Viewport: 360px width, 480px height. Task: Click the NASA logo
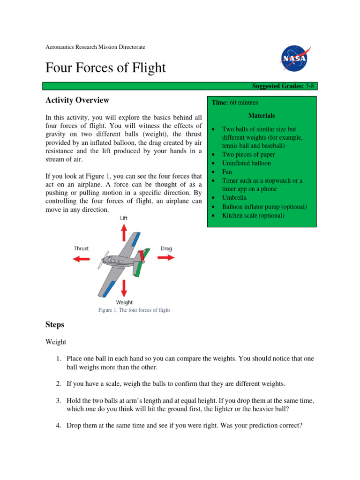pos(294,59)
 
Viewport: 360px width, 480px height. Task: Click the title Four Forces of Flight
pos(105,67)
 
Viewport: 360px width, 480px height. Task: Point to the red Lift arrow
pos(124,232)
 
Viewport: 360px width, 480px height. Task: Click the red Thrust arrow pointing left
pos(82,258)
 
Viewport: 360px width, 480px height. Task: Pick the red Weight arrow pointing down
pos(124,286)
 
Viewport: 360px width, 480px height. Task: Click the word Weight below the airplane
pos(124,302)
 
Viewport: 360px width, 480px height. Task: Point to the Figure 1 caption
pos(134,310)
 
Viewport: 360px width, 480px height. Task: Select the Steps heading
pos(55,324)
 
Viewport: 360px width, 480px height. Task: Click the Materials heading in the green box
pos(262,115)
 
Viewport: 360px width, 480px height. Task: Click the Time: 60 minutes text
pos(235,103)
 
